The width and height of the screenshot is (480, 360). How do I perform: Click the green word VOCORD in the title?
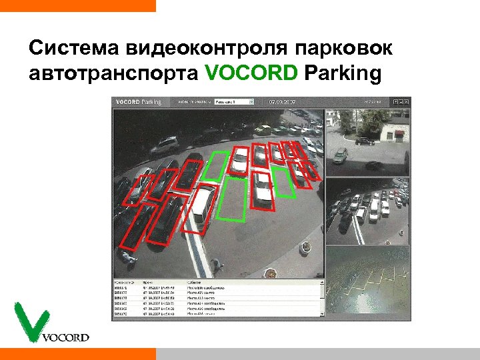(251, 73)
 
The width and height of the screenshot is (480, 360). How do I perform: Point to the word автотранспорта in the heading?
(113, 73)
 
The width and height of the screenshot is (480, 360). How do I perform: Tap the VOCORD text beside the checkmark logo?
(65, 337)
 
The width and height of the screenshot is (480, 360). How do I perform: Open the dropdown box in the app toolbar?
(234, 102)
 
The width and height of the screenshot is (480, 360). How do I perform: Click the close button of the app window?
(408, 101)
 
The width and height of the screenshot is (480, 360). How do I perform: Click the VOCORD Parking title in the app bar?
(139, 102)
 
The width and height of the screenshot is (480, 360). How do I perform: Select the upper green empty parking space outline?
(215, 165)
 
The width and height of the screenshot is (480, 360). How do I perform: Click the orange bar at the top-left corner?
(77, 5)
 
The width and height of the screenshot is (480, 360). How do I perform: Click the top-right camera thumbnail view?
(367, 142)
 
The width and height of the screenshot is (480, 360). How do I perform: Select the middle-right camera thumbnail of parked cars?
(367, 211)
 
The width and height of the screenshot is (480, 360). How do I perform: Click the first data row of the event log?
(217, 287)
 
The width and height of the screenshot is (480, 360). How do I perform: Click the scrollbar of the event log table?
(323, 297)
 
